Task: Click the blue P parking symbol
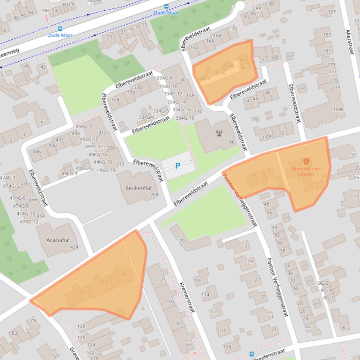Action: pos(177,166)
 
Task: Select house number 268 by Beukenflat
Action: pos(154,195)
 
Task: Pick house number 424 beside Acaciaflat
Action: pos(74,247)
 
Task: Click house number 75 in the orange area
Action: pos(82,292)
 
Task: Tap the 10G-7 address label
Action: pos(204,79)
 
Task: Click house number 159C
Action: pos(338,110)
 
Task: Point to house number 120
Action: pos(180,241)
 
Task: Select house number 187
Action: pos(332,12)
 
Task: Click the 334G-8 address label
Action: pos(164,78)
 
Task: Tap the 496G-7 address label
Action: pos(84,127)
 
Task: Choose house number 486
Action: pos(37,151)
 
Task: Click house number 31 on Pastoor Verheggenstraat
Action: pos(247,246)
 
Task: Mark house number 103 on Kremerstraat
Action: pos(170,302)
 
